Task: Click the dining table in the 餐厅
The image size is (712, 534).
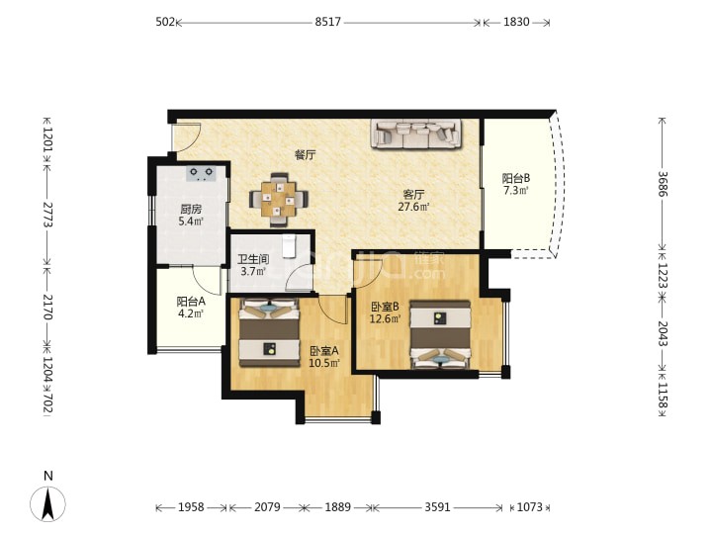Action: tap(278, 200)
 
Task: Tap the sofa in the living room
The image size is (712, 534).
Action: tap(416, 133)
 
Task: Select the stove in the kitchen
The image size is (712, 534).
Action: tap(202, 173)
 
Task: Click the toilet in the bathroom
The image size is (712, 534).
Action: tap(289, 245)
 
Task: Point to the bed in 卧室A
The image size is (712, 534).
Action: tap(269, 332)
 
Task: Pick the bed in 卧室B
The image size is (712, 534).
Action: tap(440, 334)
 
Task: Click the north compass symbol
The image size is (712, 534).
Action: tap(47, 503)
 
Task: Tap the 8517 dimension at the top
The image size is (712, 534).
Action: tap(328, 22)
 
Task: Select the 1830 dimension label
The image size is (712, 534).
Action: tap(516, 22)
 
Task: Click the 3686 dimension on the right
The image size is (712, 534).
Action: tap(663, 184)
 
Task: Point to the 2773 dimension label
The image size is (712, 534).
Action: tap(48, 215)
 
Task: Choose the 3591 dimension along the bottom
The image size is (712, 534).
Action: tap(437, 506)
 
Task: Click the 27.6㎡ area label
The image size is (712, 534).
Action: tap(413, 207)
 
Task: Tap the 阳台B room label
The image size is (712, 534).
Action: tap(516, 178)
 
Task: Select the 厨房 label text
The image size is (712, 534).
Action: tap(191, 210)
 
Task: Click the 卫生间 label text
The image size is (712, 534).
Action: tap(253, 260)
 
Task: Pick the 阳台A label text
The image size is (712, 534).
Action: tap(191, 301)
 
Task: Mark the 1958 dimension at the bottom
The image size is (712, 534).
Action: tap(191, 506)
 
